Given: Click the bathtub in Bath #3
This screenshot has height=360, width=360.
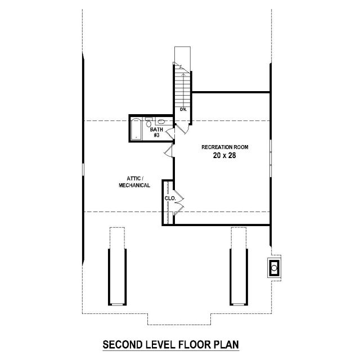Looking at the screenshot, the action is click(136, 129).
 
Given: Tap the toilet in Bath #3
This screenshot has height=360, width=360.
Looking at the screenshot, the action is click(148, 123).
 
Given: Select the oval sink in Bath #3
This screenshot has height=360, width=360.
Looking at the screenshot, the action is click(161, 121).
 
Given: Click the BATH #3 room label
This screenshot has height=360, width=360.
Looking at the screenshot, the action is click(156, 132).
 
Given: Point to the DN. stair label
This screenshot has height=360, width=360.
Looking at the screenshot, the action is click(183, 109).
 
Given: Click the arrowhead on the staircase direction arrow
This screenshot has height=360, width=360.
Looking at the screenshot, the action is click(183, 75).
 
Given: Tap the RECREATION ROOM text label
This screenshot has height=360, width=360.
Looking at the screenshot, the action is click(225, 147).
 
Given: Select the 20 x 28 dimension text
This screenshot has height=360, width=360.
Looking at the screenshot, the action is click(224, 155).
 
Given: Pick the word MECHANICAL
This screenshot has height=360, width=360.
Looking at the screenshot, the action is click(134, 185).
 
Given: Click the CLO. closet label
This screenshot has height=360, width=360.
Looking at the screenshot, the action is click(170, 199).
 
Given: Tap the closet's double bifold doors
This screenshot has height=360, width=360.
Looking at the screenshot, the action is click(179, 202).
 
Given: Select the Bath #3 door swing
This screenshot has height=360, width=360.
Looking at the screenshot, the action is click(170, 133).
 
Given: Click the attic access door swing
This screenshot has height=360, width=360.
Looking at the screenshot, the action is click(169, 151).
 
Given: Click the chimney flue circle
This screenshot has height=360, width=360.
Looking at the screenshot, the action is click(274, 268).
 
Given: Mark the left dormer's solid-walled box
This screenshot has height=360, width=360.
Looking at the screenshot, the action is click(118, 277).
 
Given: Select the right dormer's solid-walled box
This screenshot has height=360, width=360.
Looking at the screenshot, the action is click(238, 277).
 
